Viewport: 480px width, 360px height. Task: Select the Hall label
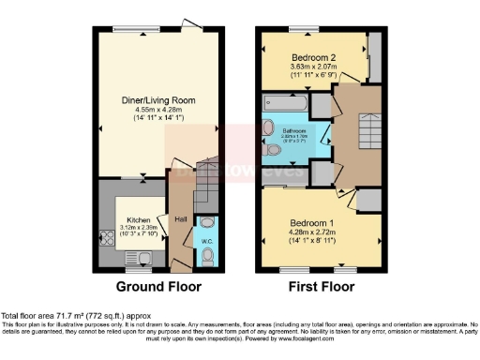(180, 220)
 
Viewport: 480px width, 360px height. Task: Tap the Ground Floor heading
(156, 287)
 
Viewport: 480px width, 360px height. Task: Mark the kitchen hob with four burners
(104, 233)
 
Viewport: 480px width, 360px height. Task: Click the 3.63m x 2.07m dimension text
(315, 67)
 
